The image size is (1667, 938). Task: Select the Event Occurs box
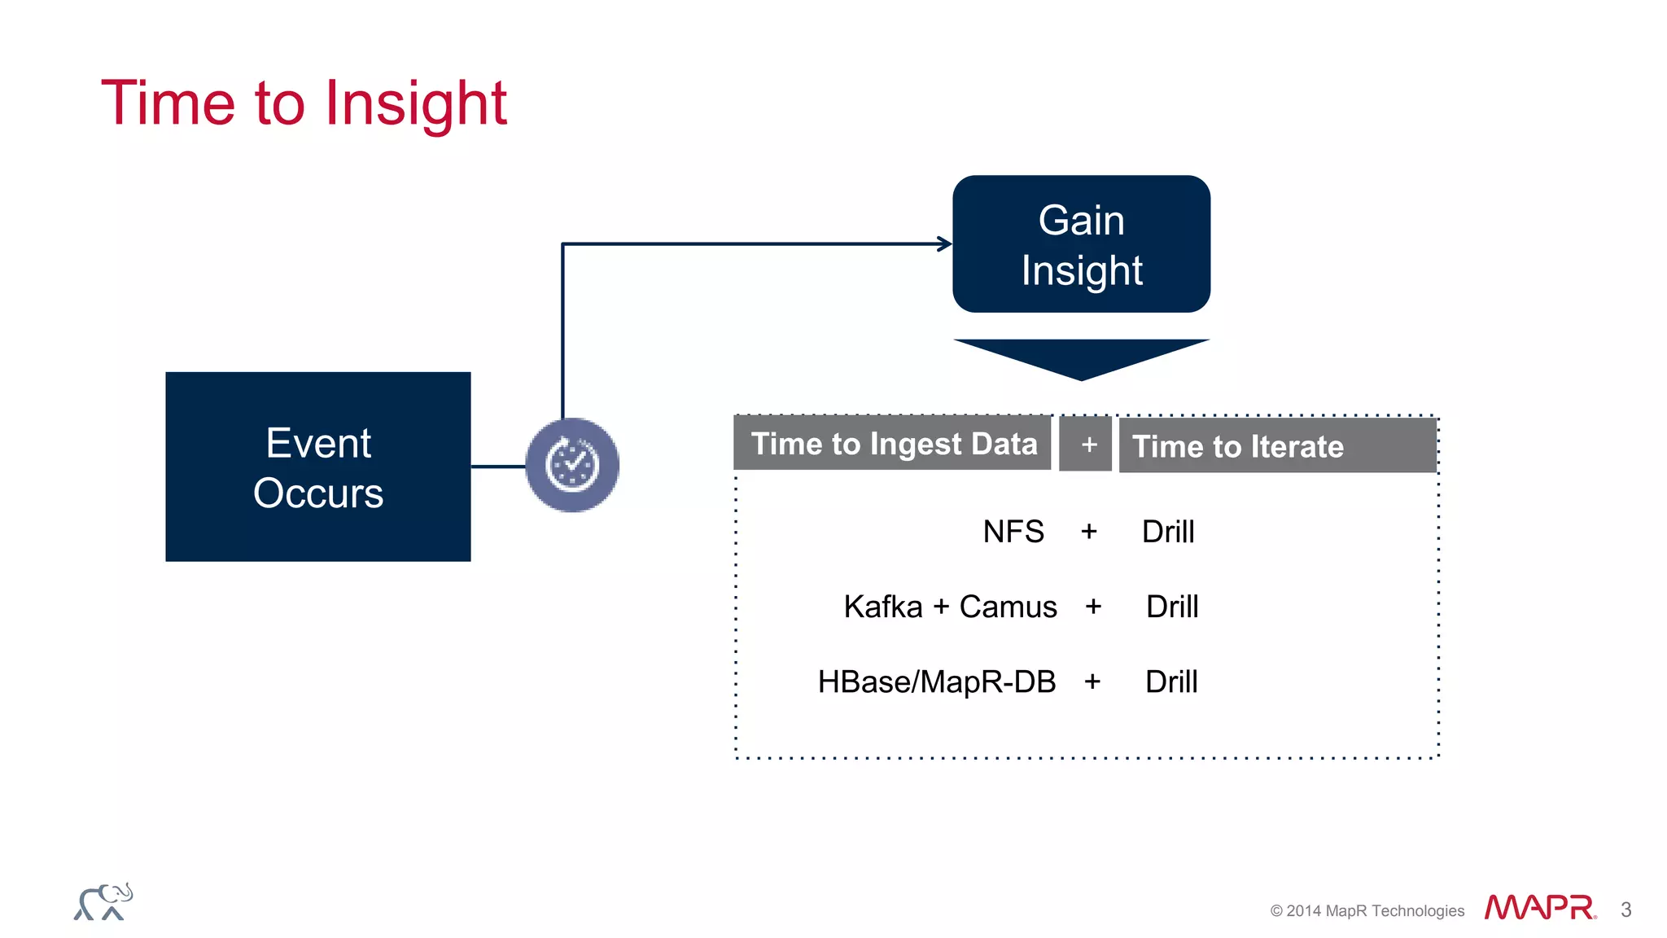pos(317,467)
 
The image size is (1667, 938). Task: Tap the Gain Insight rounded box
pos(1081,244)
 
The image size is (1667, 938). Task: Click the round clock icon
pos(572,465)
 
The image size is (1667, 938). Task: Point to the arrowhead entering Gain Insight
pos(944,243)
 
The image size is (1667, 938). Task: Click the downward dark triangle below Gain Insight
pos(1081,357)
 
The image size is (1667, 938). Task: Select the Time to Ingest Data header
pos(893,444)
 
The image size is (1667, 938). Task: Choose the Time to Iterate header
pos(1237,446)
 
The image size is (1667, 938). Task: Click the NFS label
pos(1013,532)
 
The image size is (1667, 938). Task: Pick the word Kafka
pos(882,607)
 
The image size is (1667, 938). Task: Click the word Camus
pos(1008,607)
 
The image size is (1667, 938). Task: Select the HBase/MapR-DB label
pos(936,682)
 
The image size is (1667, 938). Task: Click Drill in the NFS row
pos(1167,532)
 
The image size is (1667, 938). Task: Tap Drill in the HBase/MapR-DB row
pos(1170,682)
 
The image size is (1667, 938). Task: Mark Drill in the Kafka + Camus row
pos(1171,607)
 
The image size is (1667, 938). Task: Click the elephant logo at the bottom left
pos(103,902)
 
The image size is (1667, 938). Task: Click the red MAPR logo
pos(1538,907)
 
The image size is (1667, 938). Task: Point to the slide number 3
pos(1625,910)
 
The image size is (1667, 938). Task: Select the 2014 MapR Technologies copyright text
pos(1367,910)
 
